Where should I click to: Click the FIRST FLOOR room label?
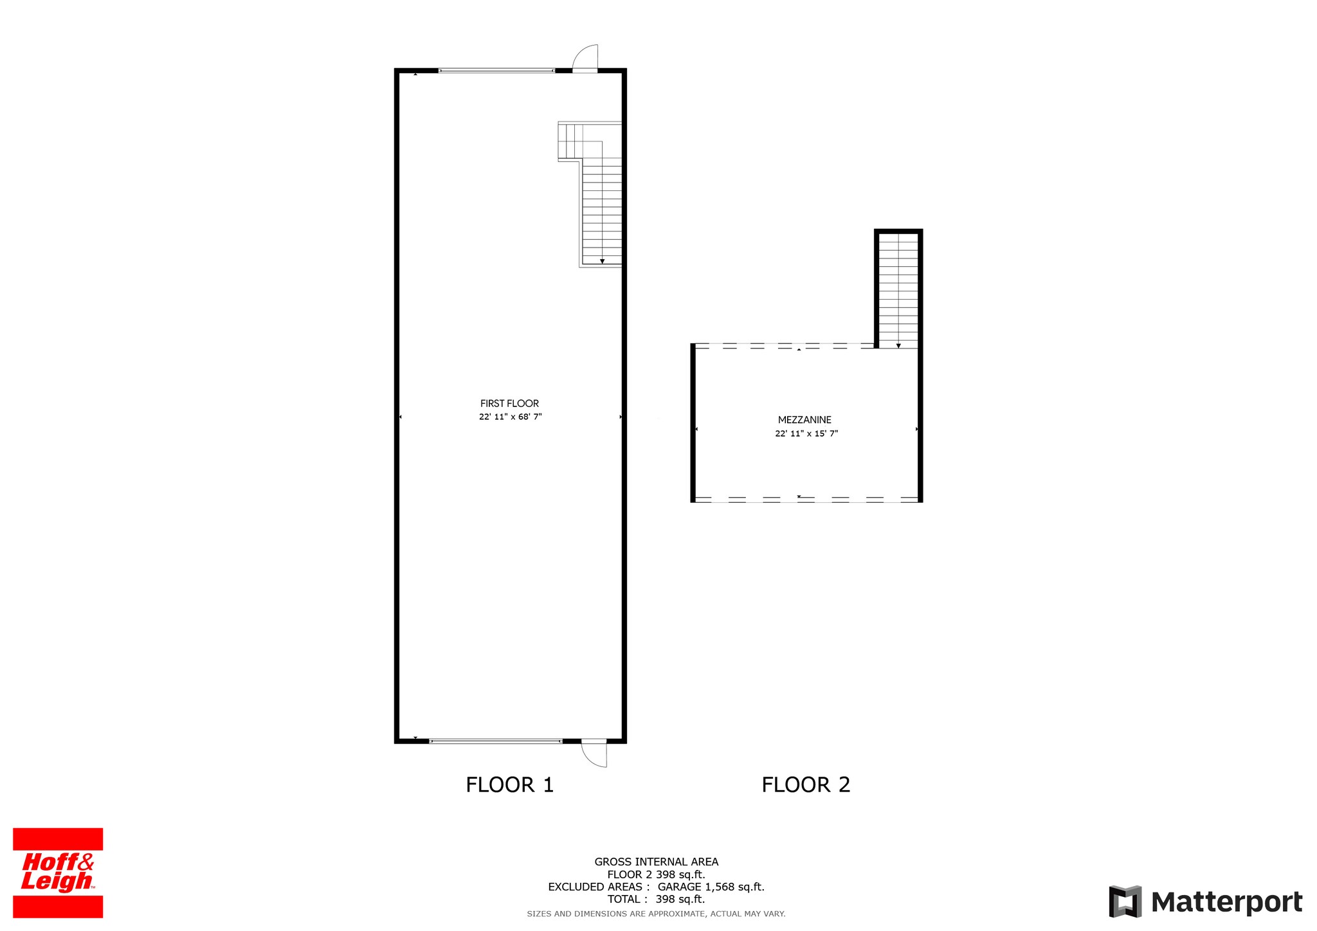click(509, 403)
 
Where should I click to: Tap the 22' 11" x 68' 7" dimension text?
click(510, 417)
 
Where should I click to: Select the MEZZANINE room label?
click(804, 420)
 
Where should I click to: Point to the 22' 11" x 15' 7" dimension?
click(806, 433)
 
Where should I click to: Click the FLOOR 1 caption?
click(509, 784)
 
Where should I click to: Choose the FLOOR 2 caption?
click(806, 784)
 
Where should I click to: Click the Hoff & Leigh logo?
click(58, 872)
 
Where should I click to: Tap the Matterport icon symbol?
click(1125, 901)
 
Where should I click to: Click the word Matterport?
click(1226, 902)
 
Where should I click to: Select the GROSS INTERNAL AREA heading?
click(656, 862)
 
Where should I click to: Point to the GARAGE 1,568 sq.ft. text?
click(711, 887)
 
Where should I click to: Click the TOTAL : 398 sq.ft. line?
click(656, 899)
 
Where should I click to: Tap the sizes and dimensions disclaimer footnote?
click(656, 914)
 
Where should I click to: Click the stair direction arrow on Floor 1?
click(602, 261)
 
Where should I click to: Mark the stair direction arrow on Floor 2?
click(898, 345)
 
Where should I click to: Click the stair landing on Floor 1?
click(570, 141)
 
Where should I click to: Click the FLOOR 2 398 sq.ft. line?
click(656, 874)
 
